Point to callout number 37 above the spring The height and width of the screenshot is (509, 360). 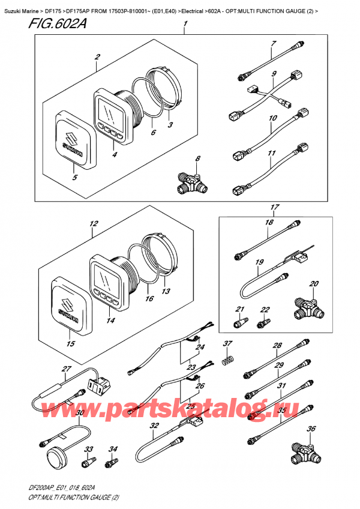pos(227,344)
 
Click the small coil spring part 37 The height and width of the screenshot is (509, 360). pos(227,360)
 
